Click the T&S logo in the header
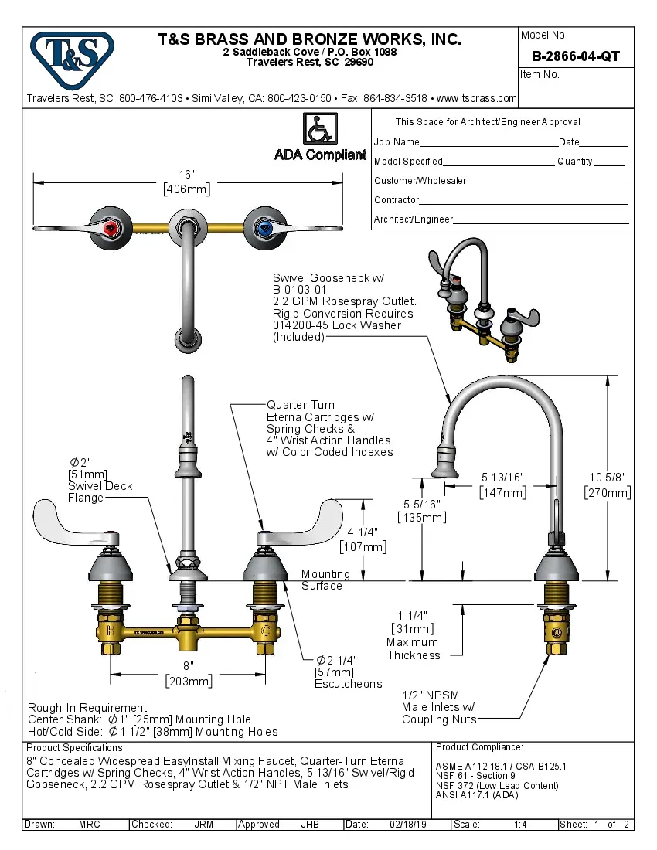(x=72, y=55)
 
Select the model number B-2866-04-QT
(x=575, y=56)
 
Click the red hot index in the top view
(x=112, y=227)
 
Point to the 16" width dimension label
(x=187, y=182)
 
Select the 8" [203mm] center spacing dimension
(x=189, y=673)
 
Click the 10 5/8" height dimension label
(x=607, y=484)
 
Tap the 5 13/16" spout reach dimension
(x=503, y=484)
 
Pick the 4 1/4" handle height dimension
(x=363, y=539)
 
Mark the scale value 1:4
(x=520, y=824)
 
